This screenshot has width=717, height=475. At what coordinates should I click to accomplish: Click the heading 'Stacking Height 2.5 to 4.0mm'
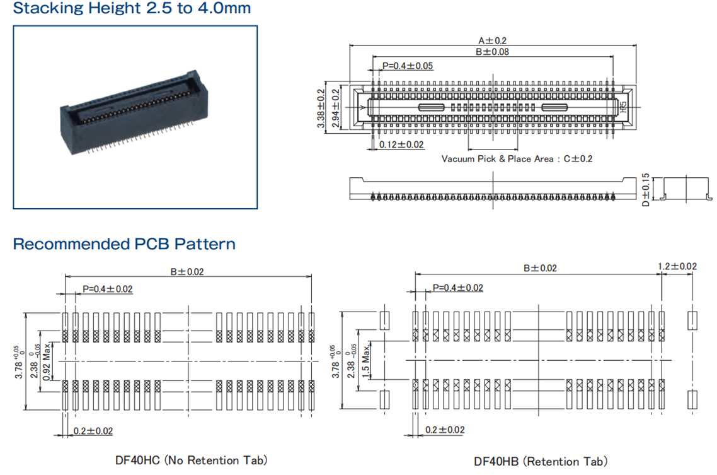click(132, 9)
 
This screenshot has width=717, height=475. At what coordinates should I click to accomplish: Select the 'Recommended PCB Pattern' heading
click(124, 244)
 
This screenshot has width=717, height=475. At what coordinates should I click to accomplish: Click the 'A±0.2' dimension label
click(492, 40)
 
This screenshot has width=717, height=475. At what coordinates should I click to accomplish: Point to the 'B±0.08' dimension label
click(492, 52)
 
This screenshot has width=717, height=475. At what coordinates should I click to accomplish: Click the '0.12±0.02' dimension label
click(402, 145)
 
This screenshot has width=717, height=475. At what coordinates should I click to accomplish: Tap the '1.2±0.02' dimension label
click(677, 266)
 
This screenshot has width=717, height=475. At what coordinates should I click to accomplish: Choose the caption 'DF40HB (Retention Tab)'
click(541, 462)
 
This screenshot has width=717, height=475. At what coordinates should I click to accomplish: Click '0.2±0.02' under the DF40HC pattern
click(93, 431)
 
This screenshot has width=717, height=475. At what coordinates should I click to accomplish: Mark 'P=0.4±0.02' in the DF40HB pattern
click(458, 288)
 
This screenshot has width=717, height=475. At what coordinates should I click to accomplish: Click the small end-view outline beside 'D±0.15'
click(684, 188)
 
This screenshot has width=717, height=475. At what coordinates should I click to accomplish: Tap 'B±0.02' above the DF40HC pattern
click(187, 272)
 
